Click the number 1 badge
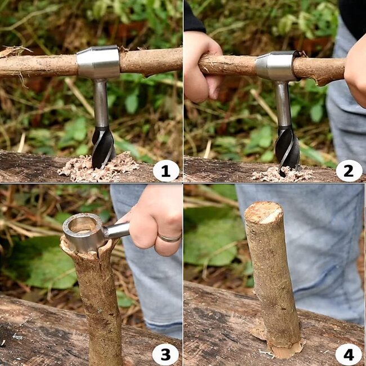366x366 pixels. point(166,171)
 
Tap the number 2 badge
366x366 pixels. point(349,171)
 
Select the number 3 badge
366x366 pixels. point(166,354)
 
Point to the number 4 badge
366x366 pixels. point(349,354)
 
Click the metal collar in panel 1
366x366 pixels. point(98,62)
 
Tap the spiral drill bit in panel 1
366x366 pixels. point(103,146)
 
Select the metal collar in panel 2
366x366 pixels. point(278,66)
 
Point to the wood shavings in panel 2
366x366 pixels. point(279,175)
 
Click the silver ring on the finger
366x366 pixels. point(169,238)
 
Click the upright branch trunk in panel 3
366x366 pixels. point(99,304)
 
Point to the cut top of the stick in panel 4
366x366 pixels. point(262,212)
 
